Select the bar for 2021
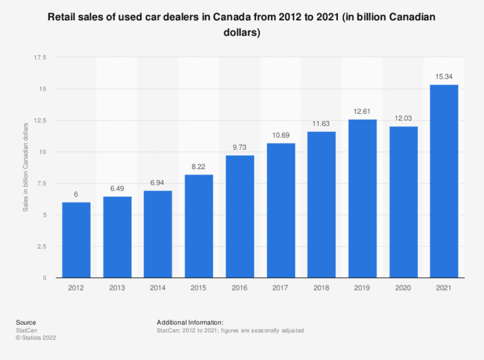(x=444, y=182)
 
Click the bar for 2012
(x=76, y=240)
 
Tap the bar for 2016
(x=239, y=217)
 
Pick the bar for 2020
(x=403, y=202)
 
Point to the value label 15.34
(x=444, y=77)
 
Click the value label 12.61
(x=362, y=112)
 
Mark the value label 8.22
(x=199, y=167)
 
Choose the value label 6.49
(x=117, y=189)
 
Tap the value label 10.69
(x=280, y=136)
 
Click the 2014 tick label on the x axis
(x=158, y=288)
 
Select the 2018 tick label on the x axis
(x=321, y=288)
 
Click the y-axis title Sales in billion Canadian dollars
(x=26, y=167)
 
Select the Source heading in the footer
(x=26, y=322)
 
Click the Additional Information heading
(x=190, y=322)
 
